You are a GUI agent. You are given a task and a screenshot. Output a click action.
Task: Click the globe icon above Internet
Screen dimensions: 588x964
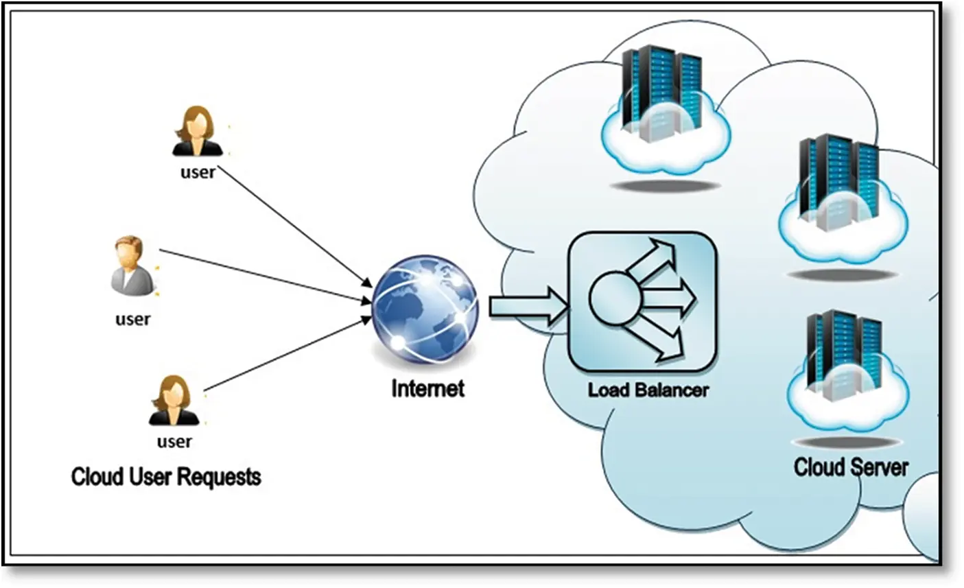425,311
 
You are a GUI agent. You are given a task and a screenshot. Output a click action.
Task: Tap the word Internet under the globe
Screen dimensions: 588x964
427,388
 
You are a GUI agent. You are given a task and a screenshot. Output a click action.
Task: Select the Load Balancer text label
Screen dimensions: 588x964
648,390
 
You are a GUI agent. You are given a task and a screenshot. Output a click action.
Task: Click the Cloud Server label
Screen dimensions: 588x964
851,467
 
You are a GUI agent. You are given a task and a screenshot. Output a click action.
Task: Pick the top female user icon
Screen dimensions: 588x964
198,131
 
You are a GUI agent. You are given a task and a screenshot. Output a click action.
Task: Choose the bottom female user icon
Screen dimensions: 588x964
174,401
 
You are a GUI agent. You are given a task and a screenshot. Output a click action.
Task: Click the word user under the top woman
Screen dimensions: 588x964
198,172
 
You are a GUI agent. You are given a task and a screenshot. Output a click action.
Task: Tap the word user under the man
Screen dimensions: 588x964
132,319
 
